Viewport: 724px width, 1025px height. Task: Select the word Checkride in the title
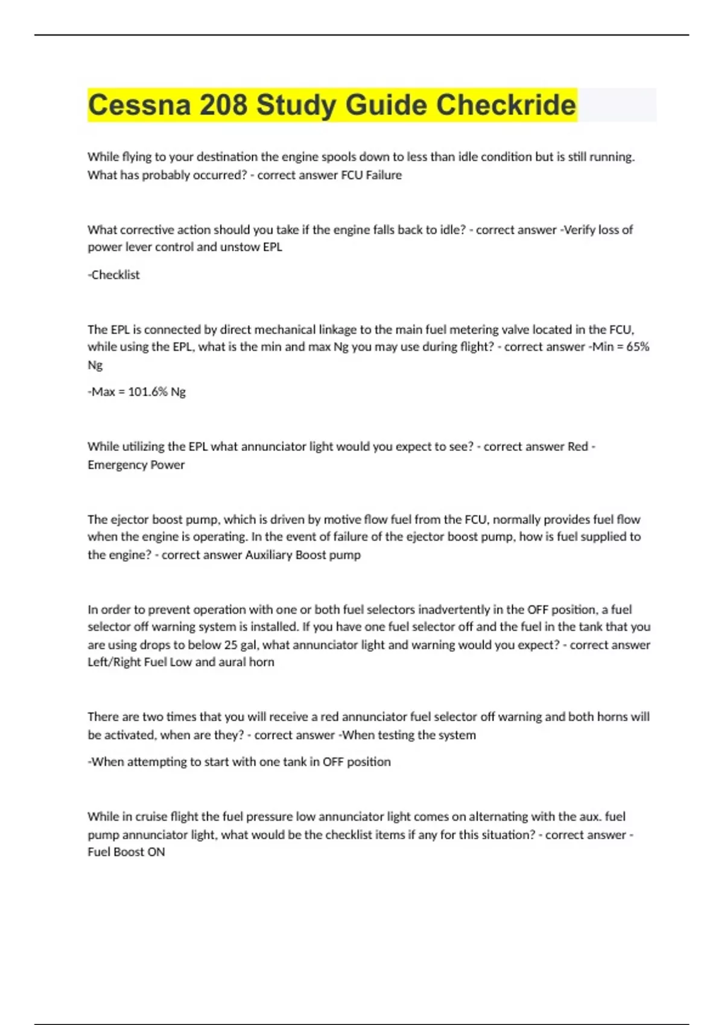(x=506, y=105)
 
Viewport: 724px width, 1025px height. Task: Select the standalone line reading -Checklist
(x=114, y=275)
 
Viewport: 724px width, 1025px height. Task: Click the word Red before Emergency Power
(x=577, y=446)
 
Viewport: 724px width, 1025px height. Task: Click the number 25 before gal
(x=230, y=645)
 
